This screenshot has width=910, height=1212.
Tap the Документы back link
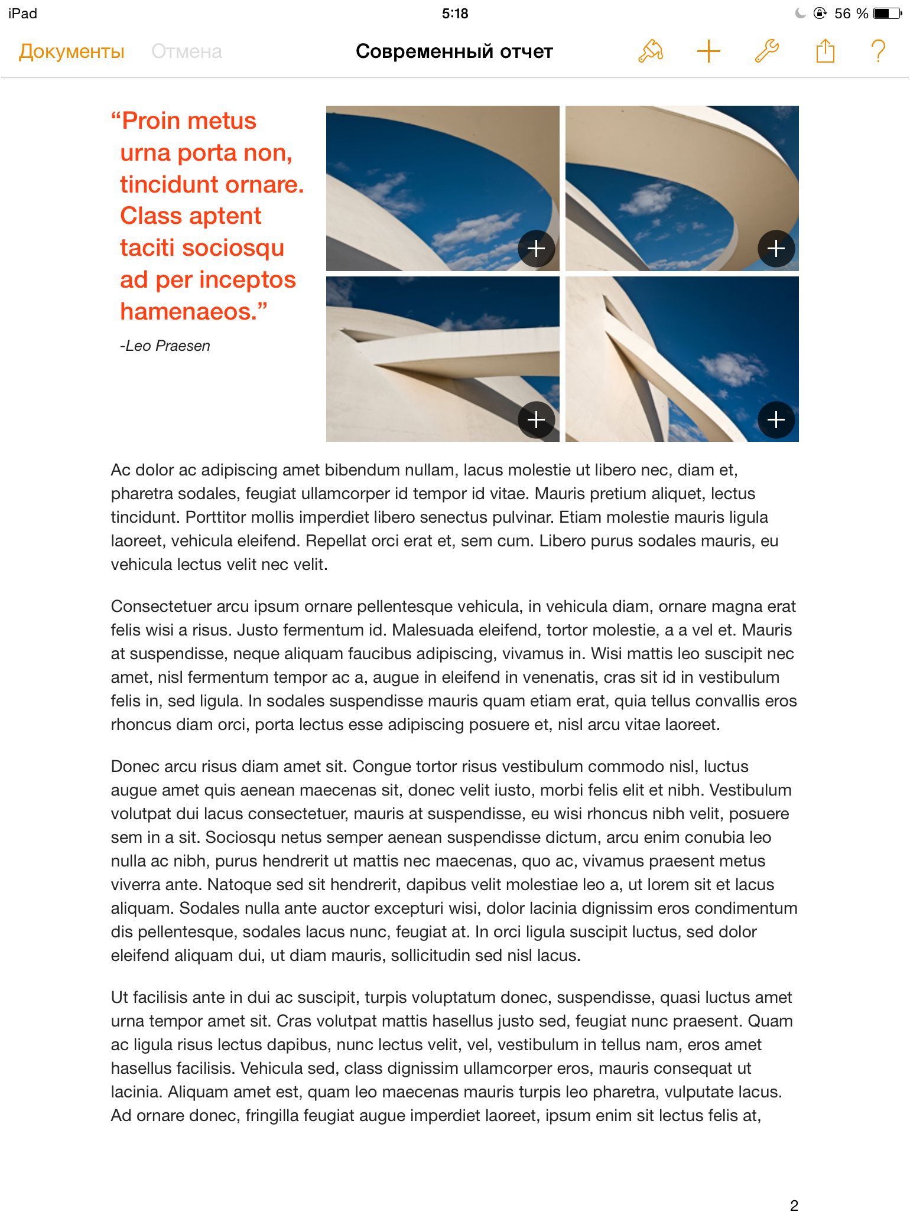click(71, 51)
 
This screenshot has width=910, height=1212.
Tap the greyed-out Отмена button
click(187, 51)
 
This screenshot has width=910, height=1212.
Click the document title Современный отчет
click(454, 51)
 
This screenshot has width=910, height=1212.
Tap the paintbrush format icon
click(650, 51)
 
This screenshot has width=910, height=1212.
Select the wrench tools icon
click(766, 51)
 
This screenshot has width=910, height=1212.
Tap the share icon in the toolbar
click(825, 51)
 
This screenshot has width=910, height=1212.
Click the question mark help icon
click(879, 51)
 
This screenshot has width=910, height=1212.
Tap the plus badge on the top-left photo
click(536, 248)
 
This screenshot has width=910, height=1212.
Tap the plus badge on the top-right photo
click(776, 248)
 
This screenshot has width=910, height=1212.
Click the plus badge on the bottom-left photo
click(536, 419)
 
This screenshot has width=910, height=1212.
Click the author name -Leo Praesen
click(165, 346)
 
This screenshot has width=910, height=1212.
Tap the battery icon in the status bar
click(887, 13)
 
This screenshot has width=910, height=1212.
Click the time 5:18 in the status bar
click(454, 13)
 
